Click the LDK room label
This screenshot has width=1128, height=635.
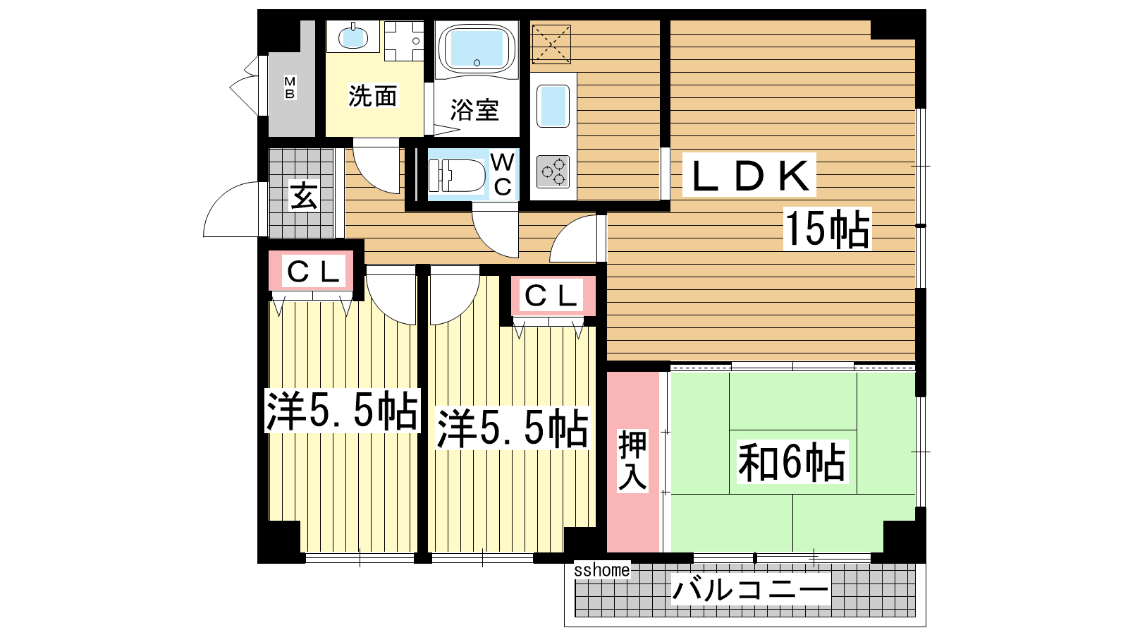(x=749, y=175)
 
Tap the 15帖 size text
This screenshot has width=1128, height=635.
(x=828, y=229)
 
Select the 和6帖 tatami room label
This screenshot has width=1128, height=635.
(x=791, y=461)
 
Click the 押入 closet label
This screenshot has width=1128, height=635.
(x=632, y=460)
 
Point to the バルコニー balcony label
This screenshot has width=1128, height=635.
(x=750, y=589)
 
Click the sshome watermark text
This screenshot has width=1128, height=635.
(x=602, y=570)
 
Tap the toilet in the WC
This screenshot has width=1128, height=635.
(x=456, y=176)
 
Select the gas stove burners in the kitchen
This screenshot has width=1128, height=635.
(x=553, y=171)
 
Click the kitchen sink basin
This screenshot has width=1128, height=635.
(x=553, y=106)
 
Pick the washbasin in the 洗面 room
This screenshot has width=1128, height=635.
(x=352, y=36)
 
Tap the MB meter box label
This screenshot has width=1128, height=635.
(x=290, y=87)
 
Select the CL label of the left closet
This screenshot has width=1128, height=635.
(x=313, y=272)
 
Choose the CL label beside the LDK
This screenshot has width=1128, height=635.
(x=551, y=296)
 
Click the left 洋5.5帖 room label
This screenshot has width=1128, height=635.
(x=343, y=411)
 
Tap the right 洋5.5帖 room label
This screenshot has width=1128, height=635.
(x=513, y=429)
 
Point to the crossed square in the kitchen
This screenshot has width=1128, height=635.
(x=551, y=44)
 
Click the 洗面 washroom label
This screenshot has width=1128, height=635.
(x=373, y=96)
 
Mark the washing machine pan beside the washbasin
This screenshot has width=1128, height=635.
(x=404, y=41)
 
